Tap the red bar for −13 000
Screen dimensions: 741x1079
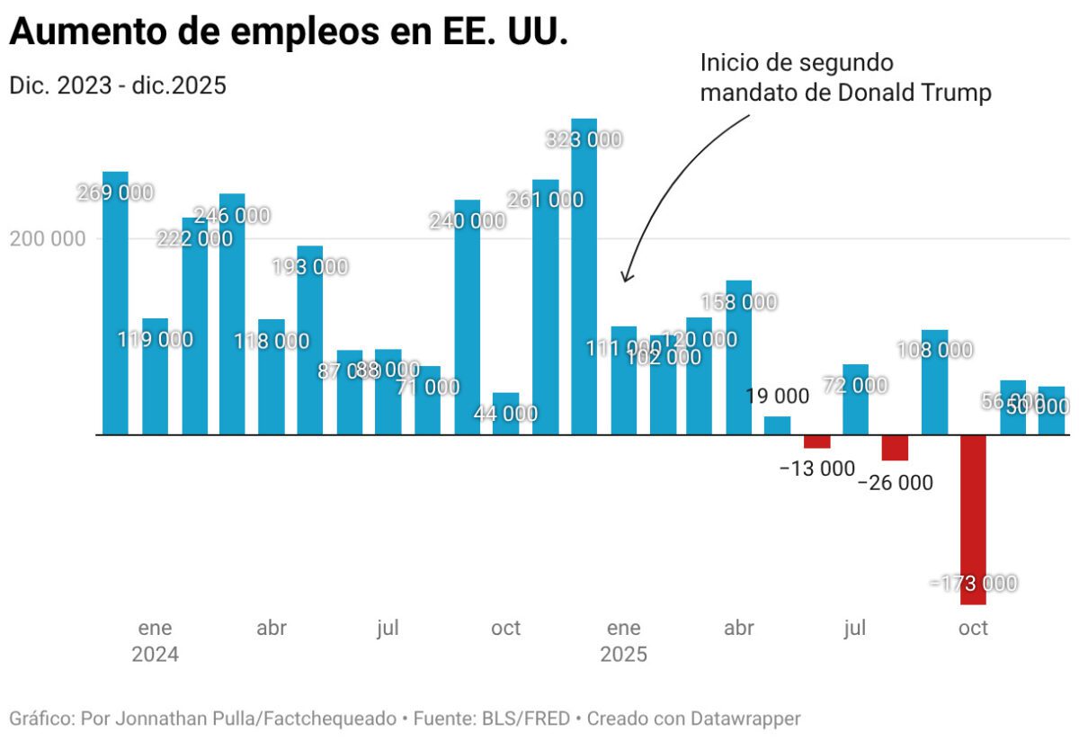pyautogui.click(x=817, y=442)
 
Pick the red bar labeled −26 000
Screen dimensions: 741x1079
pyautogui.click(x=895, y=448)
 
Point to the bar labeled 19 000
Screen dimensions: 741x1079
pyautogui.click(x=778, y=425)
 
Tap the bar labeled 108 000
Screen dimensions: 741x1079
pyautogui.click(x=934, y=382)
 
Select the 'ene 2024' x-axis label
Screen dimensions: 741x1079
pyautogui.click(x=155, y=640)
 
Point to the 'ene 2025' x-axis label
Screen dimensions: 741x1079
pyautogui.click(x=623, y=640)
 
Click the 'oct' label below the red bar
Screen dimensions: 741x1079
pyautogui.click(x=973, y=628)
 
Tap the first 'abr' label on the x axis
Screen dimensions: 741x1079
pyautogui.click(x=272, y=628)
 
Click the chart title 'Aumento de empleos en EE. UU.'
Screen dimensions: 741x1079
pyautogui.click(x=288, y=32)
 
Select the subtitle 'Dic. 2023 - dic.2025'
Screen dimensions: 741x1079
pyautogui.click(x=118, y=85)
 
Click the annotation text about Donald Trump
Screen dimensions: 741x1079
pyautogui.click(x=845, y=78)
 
